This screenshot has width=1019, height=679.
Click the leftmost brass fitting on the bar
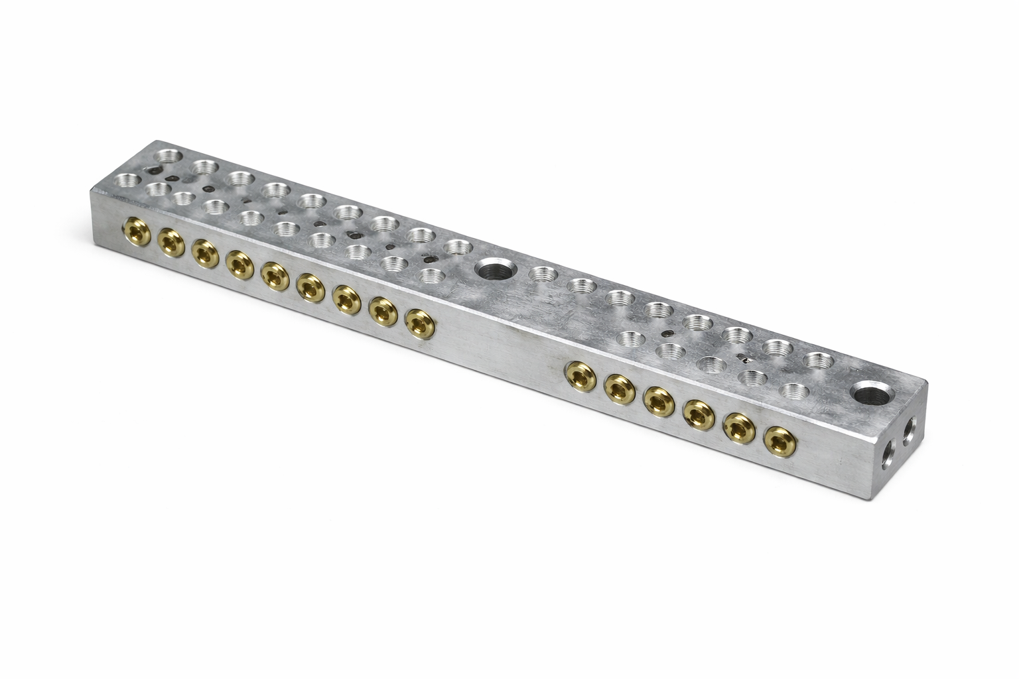pos(134,231)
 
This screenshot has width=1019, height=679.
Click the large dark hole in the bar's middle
pos(493,271)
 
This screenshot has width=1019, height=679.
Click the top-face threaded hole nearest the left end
pos(126,180)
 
